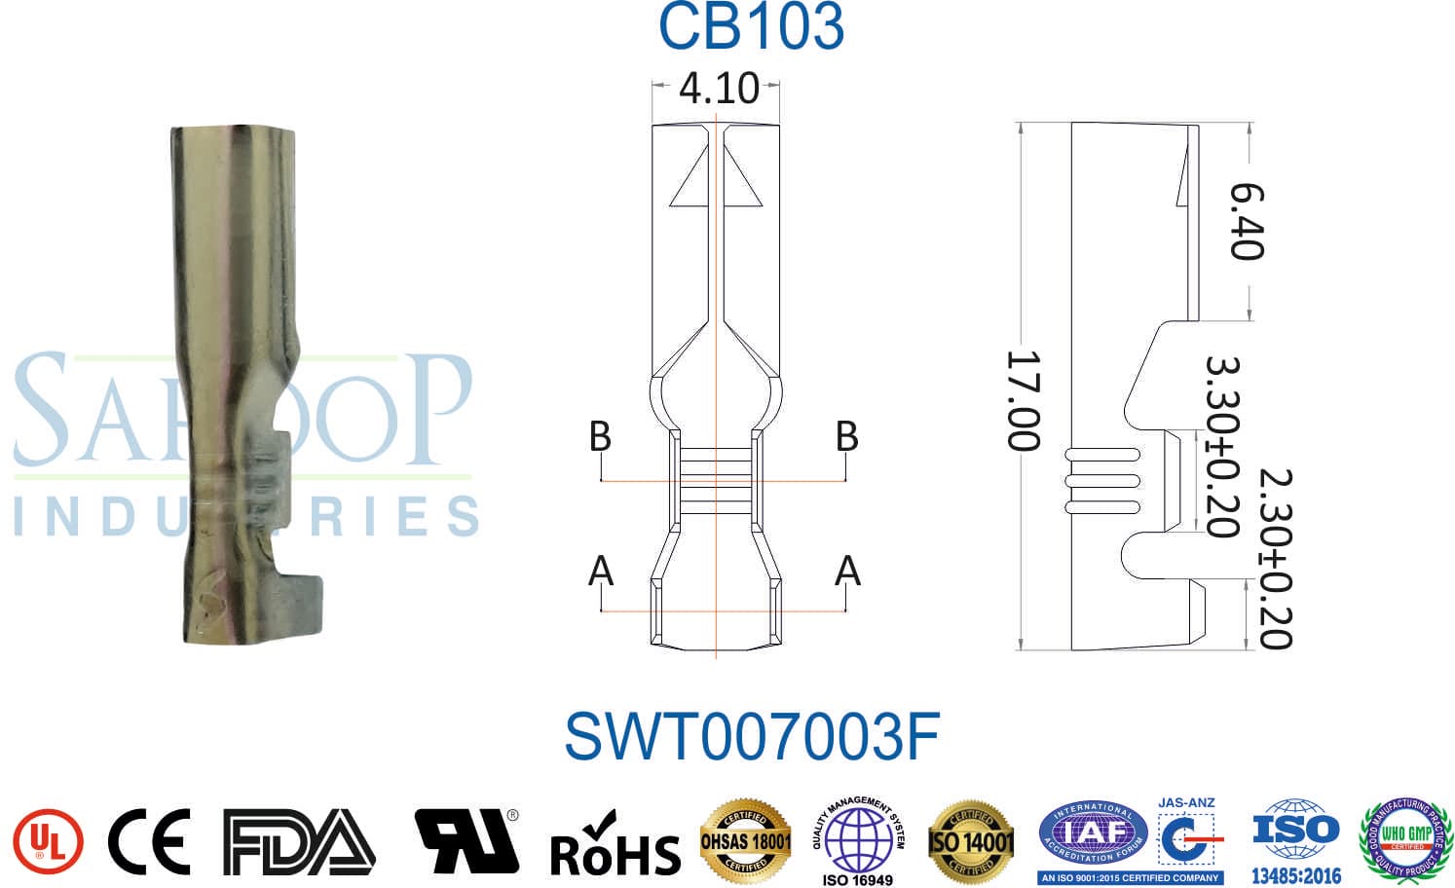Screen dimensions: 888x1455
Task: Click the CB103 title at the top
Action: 751,26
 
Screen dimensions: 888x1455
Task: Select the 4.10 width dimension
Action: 719,89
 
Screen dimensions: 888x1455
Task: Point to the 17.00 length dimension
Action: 1024,401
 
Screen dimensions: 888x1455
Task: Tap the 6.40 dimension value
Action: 1247,222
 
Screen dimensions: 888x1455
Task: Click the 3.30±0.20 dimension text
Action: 1223,446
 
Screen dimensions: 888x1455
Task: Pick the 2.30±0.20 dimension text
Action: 1275,559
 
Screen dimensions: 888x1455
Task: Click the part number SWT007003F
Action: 751,737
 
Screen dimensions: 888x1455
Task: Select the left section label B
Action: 601,436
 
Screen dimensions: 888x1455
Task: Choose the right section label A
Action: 847,571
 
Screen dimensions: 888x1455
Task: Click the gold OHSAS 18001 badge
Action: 746,839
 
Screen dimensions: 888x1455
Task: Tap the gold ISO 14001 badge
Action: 971,840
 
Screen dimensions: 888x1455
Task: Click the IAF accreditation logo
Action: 1094,836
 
